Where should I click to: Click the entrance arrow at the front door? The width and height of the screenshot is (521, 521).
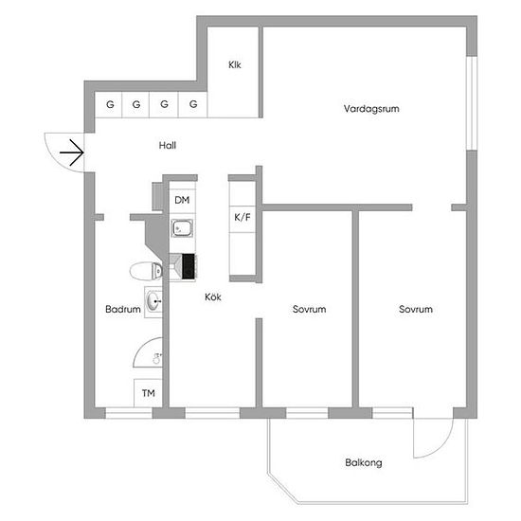point(72,153)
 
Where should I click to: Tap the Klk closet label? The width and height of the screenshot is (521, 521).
point(235,64)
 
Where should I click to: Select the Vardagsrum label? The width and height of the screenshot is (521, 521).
point(371,109)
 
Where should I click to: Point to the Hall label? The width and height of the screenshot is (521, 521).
point(168,145)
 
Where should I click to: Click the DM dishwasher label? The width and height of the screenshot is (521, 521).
point(182,200)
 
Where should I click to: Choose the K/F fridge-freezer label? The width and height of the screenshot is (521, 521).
point(243,217)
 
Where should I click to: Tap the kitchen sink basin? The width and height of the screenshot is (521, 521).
point(182,228)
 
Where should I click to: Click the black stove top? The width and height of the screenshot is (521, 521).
point(189,266)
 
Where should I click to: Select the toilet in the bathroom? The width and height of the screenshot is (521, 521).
point(146,271)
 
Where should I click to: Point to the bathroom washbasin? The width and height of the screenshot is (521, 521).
point(153,301)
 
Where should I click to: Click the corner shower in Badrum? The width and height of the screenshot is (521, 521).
point(148,352)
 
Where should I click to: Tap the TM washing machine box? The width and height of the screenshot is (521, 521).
point(148,393)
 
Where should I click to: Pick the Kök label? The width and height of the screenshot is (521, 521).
point(213,297)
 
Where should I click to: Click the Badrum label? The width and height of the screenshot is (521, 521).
point(123,310)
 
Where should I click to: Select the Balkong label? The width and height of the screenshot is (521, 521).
point(364,462)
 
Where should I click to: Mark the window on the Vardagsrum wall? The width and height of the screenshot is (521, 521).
point(472,103)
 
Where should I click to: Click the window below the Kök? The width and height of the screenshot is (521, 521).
point(212,413)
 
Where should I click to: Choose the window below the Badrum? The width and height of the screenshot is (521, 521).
point(129,413)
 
